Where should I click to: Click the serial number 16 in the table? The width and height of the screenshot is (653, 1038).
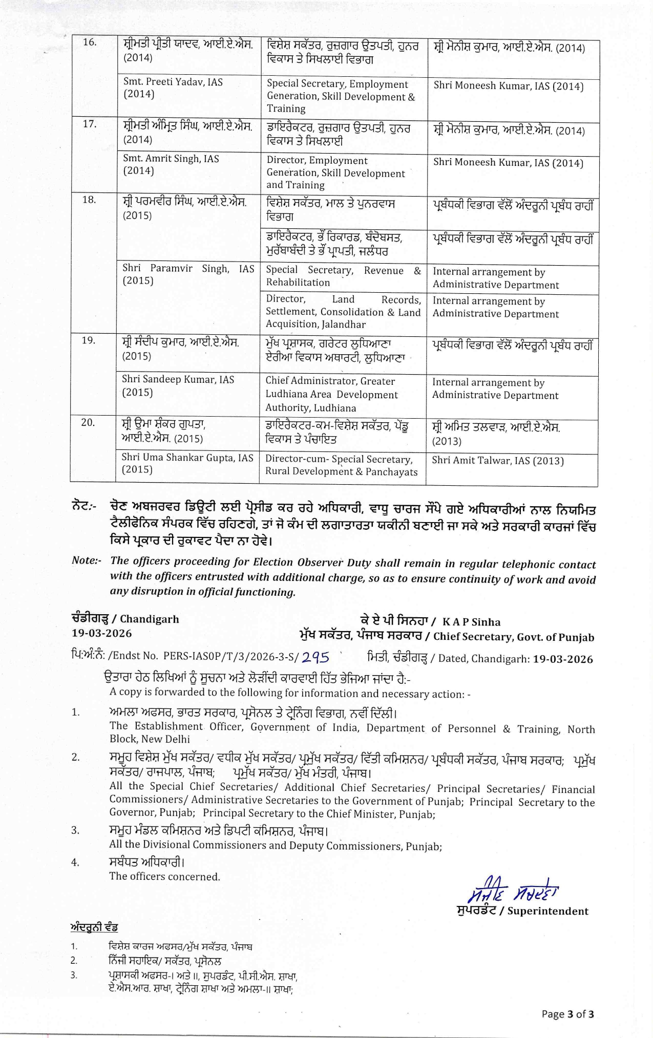coord(90,42)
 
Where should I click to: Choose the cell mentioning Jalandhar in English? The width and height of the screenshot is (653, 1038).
coord(343,312)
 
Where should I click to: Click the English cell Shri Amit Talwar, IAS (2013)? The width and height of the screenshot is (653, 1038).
coord(497,461)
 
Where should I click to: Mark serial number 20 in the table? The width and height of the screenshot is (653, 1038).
coord(88,422)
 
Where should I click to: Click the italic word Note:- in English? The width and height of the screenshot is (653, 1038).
coord(87,560)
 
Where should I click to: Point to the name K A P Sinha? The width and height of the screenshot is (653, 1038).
coord(471,622)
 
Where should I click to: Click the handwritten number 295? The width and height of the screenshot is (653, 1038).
coord(315,657)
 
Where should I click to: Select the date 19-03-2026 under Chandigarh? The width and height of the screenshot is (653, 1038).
coord(102,633)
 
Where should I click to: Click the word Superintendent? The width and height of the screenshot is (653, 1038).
coord(547,911)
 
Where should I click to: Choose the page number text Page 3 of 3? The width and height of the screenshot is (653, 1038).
coord(567,1014)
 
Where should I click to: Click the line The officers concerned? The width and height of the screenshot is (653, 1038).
coord(164,876)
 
